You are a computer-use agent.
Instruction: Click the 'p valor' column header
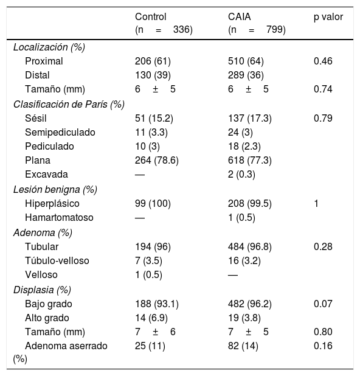[x=328, y=17]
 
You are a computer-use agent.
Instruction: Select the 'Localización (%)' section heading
[x=49, y=47]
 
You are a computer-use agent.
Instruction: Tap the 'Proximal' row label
[x=44, y=61]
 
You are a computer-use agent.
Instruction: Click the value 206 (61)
[x=153, y=61]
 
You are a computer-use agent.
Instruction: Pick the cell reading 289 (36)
[x=246, y=75]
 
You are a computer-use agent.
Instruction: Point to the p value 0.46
[x=323, y=61]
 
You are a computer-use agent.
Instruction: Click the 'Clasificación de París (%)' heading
[x=69, y=105]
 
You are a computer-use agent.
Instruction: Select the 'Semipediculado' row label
[x=60, y=133]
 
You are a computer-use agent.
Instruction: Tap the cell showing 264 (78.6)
[x=157, y=160]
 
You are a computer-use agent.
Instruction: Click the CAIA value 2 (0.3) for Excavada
[x=241, y=175]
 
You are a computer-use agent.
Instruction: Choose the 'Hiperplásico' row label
[x=52, y=204]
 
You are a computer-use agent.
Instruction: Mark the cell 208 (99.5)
[x=250, y=204]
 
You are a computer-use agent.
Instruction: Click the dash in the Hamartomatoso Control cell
[x=140, y=218]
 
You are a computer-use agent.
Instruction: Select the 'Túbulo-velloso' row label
[x=57, y=260]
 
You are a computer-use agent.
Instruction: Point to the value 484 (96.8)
[x=250, y=247]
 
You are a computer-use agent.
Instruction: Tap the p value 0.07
[x=323, y=304]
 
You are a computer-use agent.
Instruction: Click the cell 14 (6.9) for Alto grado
[x=151, y=318]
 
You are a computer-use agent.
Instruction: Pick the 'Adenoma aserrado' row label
[x=66, y=346]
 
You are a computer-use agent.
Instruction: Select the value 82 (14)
[x=243, y=346]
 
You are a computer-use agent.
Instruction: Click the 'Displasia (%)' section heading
[x=42, y=290]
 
